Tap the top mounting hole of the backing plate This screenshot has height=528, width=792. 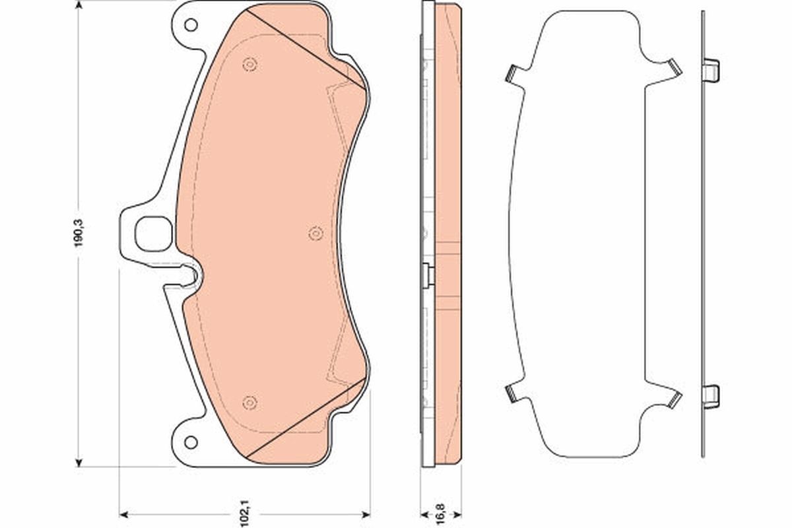click(x=191, y=26)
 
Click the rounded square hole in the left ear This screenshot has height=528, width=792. click(x=152, y=234)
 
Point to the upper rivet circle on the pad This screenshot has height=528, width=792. click(x=249, y=64)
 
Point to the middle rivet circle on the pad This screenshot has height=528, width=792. click(x=315, y=233)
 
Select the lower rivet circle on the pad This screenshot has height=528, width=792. click(x=249, y=401)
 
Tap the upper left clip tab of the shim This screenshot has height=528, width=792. click(x=513, y=73)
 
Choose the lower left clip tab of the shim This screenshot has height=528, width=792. click(x=513, y=393)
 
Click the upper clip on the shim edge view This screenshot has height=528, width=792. click(x=710, y=70)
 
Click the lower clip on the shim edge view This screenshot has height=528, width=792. click(x=710, y=395)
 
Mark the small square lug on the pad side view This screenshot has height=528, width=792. click(x=427, y=272)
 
